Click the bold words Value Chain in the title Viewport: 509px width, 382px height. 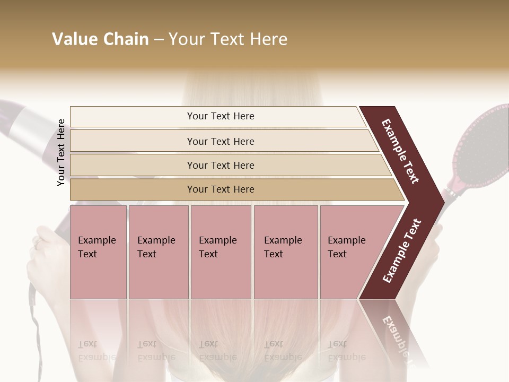100,39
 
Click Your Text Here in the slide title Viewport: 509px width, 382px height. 228,39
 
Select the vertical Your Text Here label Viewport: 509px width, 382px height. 62,152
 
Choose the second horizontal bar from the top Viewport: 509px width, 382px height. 220,141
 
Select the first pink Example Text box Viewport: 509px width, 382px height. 98,252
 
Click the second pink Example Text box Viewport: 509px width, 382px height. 158,252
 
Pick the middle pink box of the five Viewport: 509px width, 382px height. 221,252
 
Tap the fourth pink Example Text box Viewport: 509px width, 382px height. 286,252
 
